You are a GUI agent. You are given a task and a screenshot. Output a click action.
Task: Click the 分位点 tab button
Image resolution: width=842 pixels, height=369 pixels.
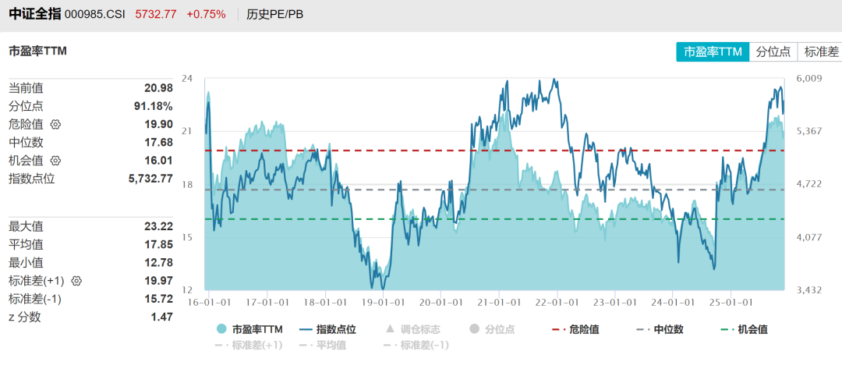coord(773,51)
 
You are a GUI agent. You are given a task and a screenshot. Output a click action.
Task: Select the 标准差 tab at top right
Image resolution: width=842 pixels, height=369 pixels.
coord(821,51)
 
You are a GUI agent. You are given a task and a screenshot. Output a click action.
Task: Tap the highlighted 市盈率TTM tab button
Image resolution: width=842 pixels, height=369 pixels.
coord(713,51)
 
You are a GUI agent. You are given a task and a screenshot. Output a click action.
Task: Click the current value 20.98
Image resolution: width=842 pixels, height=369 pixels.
coord(158,88)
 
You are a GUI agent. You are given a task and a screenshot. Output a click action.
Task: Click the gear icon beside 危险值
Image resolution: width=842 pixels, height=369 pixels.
coord(55,124)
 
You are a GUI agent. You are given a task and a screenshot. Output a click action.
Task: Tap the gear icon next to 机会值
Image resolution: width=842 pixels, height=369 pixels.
coord(55,161)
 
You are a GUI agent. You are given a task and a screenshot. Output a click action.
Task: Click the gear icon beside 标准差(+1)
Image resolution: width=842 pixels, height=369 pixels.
coord(76,280)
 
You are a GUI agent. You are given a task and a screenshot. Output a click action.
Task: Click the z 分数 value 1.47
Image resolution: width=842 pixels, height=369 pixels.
coord(161,317)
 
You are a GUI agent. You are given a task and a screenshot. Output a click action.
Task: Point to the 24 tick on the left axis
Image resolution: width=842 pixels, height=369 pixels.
coord(187,78)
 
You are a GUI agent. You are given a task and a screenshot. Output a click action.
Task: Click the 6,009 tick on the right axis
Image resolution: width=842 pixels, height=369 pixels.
coord(809,78)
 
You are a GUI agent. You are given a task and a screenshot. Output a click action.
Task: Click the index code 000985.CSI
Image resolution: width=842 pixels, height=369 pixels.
coord(96,14)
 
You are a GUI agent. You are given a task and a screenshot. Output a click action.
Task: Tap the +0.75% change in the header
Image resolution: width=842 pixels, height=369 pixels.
coord(206,14)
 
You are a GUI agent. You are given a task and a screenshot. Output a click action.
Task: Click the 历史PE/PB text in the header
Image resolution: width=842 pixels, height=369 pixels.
coord(274,14)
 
